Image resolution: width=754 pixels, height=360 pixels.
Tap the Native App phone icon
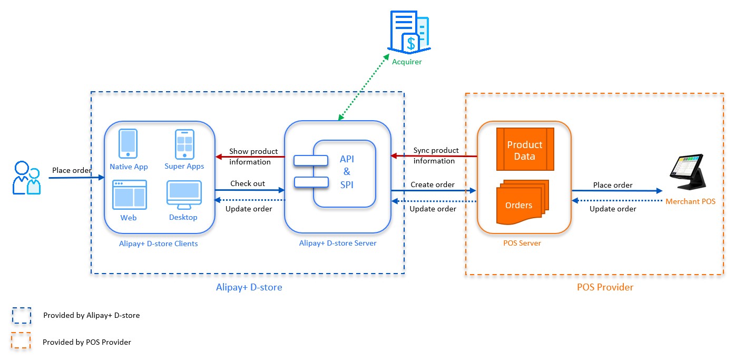click(x=129, y=143)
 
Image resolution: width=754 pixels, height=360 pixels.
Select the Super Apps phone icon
click(x=184, y=143)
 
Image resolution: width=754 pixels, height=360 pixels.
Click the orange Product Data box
click(x=525, y=150)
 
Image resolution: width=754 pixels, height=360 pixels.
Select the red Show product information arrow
click(x=250, y=157)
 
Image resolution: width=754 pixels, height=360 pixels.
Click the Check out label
click(x=248, y=183)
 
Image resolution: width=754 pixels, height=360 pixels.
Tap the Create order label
click(x=433, y=184)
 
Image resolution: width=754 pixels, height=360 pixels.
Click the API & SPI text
click(x=346, y=171)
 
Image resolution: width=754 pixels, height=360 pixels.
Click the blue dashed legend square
click(x=22, y=315)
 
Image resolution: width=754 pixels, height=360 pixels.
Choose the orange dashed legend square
click(x=22, y=342)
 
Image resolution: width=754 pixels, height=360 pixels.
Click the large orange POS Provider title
click(x=605, y=287)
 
